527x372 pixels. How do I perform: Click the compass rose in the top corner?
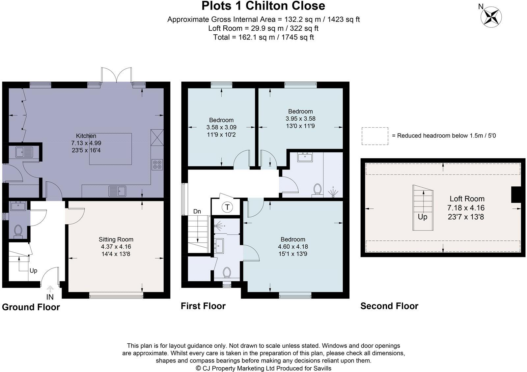point(491,17)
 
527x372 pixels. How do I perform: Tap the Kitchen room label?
point(86,136)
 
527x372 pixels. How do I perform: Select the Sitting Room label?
point(116,239)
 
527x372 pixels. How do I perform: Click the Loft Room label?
point(467,199)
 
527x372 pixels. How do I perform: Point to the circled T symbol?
point(227,207)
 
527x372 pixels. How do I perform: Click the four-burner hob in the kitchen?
point(157,165)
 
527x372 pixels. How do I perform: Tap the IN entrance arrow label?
point(50,297)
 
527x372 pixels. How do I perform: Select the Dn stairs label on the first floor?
point(197,212)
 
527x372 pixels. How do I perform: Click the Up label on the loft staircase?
point(423,217)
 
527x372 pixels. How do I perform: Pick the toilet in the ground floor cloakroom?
point(18,231)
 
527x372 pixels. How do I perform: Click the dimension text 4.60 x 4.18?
point(293,247)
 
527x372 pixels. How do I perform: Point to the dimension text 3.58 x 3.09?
point(221,127)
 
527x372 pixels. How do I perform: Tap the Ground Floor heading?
point(31,307)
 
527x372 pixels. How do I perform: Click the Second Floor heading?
point(389,306)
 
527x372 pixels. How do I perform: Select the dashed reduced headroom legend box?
point(375,136)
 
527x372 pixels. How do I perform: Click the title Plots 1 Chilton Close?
point(263,6)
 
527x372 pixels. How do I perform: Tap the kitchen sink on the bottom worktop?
point(117,191)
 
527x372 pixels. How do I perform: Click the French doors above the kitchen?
point(116,75)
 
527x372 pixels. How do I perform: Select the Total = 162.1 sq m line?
point(263,37)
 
